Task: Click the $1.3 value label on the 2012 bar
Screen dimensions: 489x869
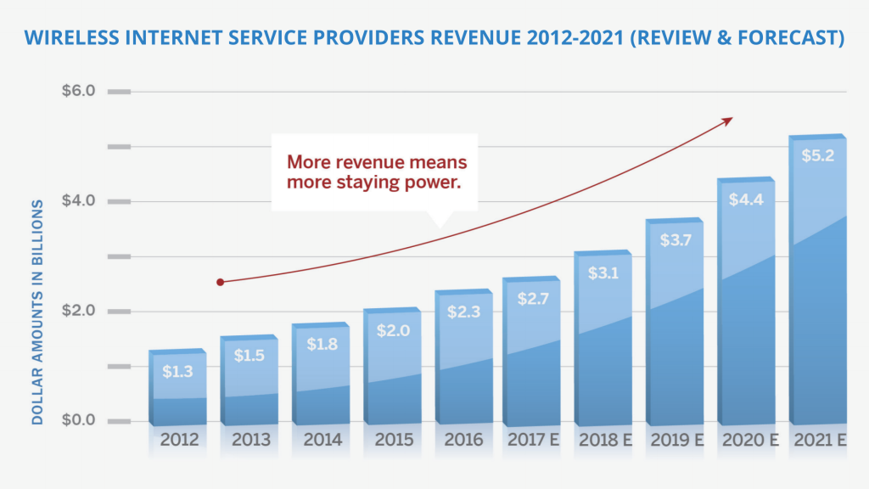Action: (177, 370)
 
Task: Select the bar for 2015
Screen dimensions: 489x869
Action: (391, 374)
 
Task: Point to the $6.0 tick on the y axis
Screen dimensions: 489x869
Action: (78, 92)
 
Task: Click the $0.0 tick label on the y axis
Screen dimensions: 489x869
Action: (78, 421)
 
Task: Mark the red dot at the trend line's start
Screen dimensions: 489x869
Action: (220, 282)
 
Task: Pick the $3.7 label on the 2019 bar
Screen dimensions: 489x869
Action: (675, 239)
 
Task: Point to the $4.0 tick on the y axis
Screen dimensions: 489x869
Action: (78, 201)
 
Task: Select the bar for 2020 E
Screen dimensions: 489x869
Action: (746, 306)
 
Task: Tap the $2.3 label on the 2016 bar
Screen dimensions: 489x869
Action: (463, 312)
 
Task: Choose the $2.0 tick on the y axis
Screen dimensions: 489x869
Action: (78, 311)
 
